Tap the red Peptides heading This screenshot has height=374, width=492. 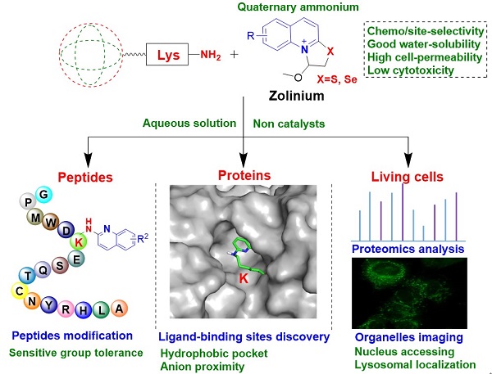[x=81, y=176]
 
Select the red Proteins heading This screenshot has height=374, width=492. [x=244, y=176]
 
